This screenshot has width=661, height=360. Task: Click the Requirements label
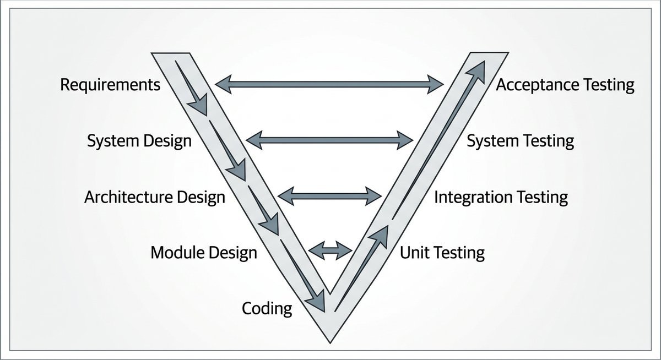tap(110, 85)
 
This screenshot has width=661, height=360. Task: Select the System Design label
tap(139, 141)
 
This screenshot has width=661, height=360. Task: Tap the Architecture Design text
tap(155, 197)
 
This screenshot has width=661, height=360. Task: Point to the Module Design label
tap(204, 253)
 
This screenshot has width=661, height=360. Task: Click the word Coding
tap(267, 308)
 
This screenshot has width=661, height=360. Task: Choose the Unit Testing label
tap(442, 253)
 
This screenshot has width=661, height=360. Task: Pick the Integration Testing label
tap(501, 197)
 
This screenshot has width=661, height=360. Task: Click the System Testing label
tap(521, 141)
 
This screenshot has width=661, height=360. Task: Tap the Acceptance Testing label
tap(565, 85)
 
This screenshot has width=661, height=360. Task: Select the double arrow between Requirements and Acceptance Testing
tap(329, 84)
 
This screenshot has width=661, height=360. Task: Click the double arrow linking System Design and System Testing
tap(329, 140)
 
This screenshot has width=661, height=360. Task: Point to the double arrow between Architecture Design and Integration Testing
tap(329, 195)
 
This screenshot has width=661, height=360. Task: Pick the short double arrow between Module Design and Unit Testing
tap(330, 250)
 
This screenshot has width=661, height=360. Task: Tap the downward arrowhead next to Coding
tap(317, 303)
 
